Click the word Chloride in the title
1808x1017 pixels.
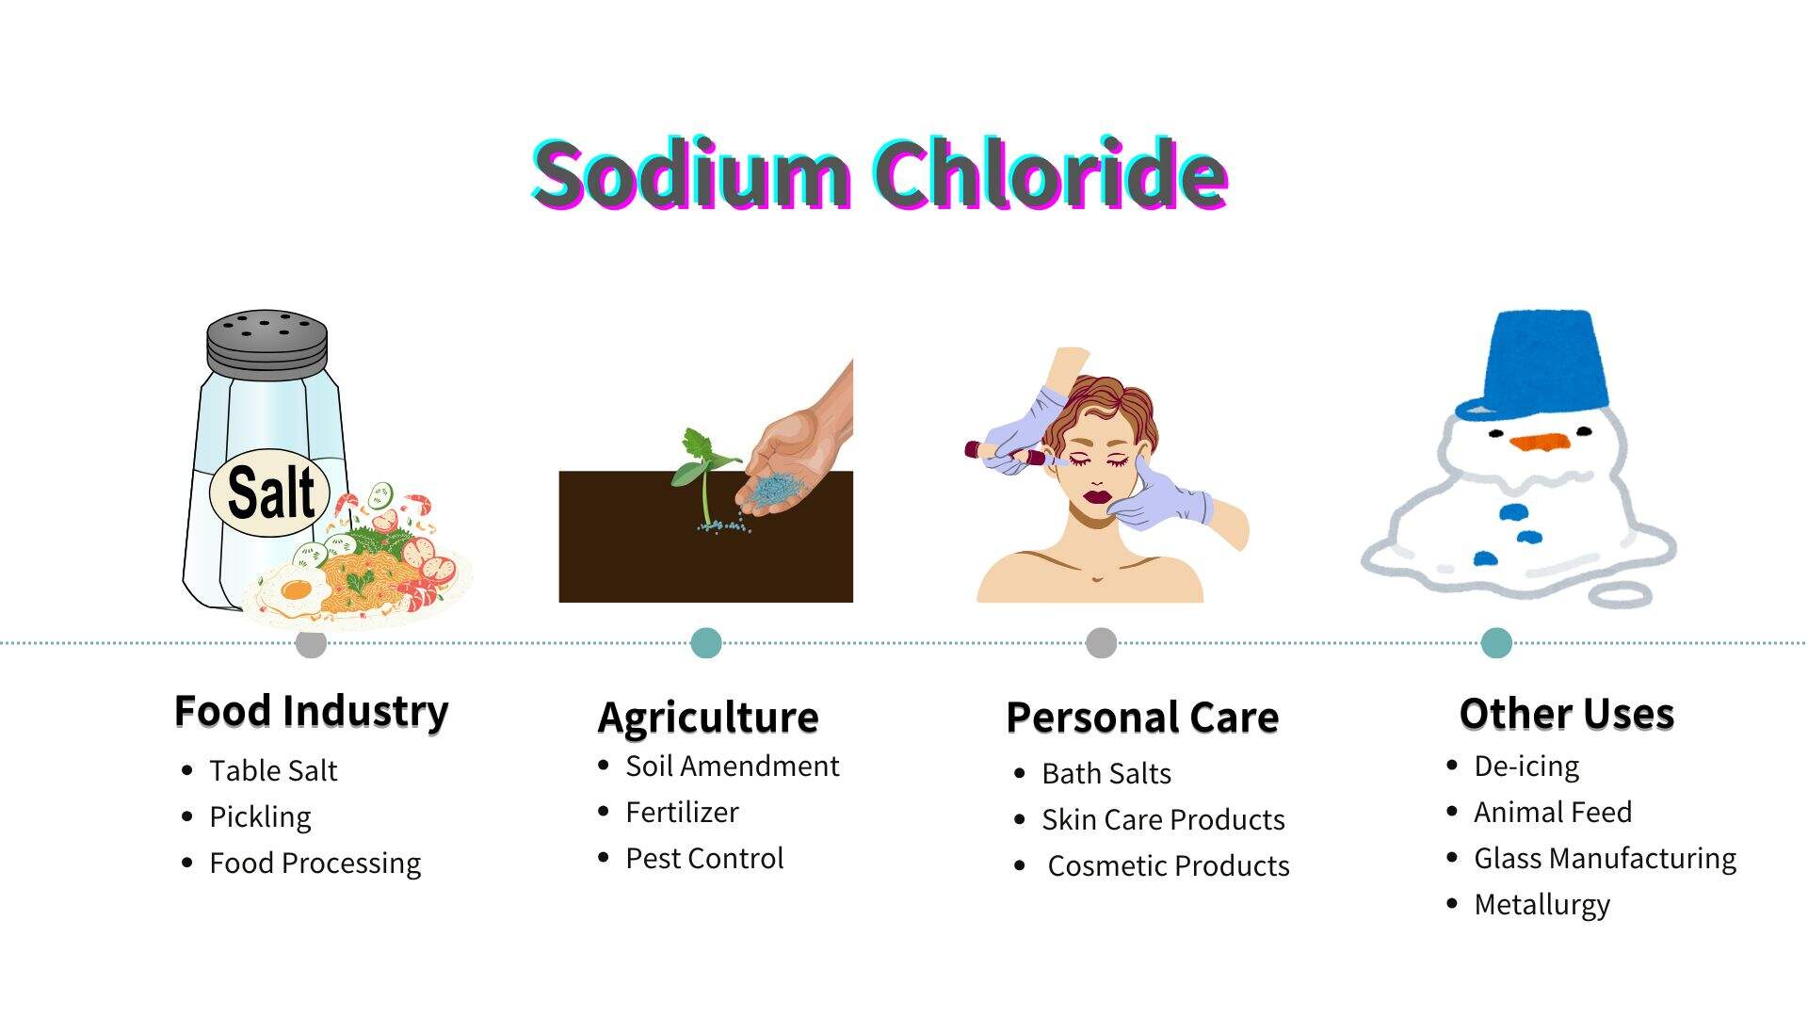(1050, 174)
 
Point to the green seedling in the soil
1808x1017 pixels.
(703, 471)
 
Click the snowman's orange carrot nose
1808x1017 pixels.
(1541, 442)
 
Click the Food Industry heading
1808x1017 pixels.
(312, 711)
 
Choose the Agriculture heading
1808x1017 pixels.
(708, 718)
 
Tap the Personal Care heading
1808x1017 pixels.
(1142, 718)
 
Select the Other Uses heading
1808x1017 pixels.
(1567, 714)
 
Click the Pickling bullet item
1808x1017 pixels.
(260, 816)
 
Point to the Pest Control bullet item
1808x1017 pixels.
(704, 858)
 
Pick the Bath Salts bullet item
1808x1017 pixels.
(1106, 773)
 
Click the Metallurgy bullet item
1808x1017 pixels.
(1542, 905)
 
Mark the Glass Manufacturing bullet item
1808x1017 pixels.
(1605, 859)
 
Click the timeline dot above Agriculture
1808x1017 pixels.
(706, 643)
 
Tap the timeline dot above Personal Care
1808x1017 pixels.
(1101, 643)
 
